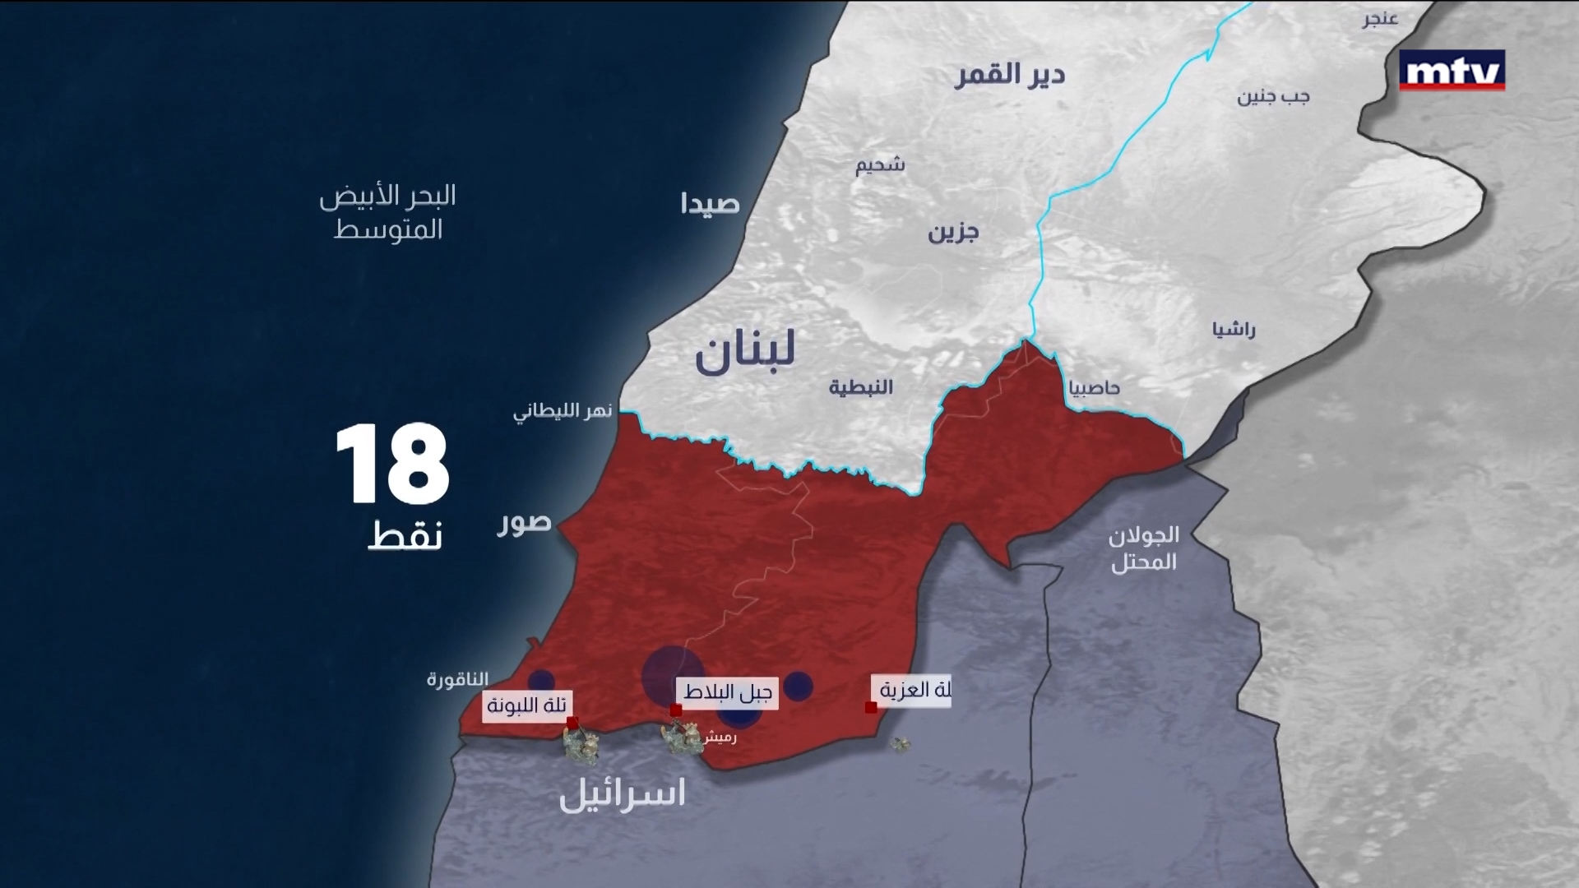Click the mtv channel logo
pos(1452,71)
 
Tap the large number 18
pos(392,465)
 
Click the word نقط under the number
pos(405,535)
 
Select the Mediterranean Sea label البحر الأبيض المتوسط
pos(387,212)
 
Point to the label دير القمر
pos(1009,76)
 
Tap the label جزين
pos(953,233)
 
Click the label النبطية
pos(860,387)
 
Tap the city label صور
pos(524,523)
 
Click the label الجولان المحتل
pos(1144,548)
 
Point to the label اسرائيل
pos(622,795)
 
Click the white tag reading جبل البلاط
pos(727,693)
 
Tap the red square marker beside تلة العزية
pos(871,707)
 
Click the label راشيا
pos(1234,331)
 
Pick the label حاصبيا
pos(1094,388)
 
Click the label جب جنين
pos(1273,97)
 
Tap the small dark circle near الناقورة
pos(540,680)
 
